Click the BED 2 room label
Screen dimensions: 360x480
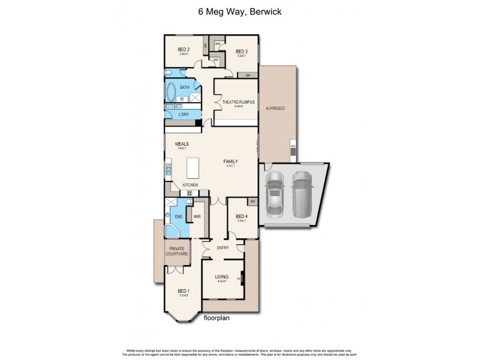pos(184,49)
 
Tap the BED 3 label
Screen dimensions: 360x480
pos(241,51)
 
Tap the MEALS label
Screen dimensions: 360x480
pos(182,144)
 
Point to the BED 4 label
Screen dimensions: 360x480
pos(242,216)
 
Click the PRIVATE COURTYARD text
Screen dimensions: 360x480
pos(176,251)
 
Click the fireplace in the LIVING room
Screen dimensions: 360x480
pos(241,279)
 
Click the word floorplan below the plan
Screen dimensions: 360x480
pos(217,318)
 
